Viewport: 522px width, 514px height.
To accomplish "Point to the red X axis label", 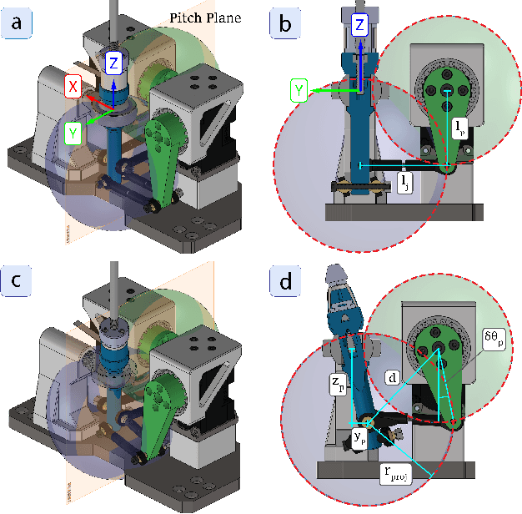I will tap(74, 86).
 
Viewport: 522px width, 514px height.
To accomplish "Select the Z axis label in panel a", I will tap(116, 61).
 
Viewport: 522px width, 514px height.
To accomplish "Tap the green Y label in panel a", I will tap(73, 131).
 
